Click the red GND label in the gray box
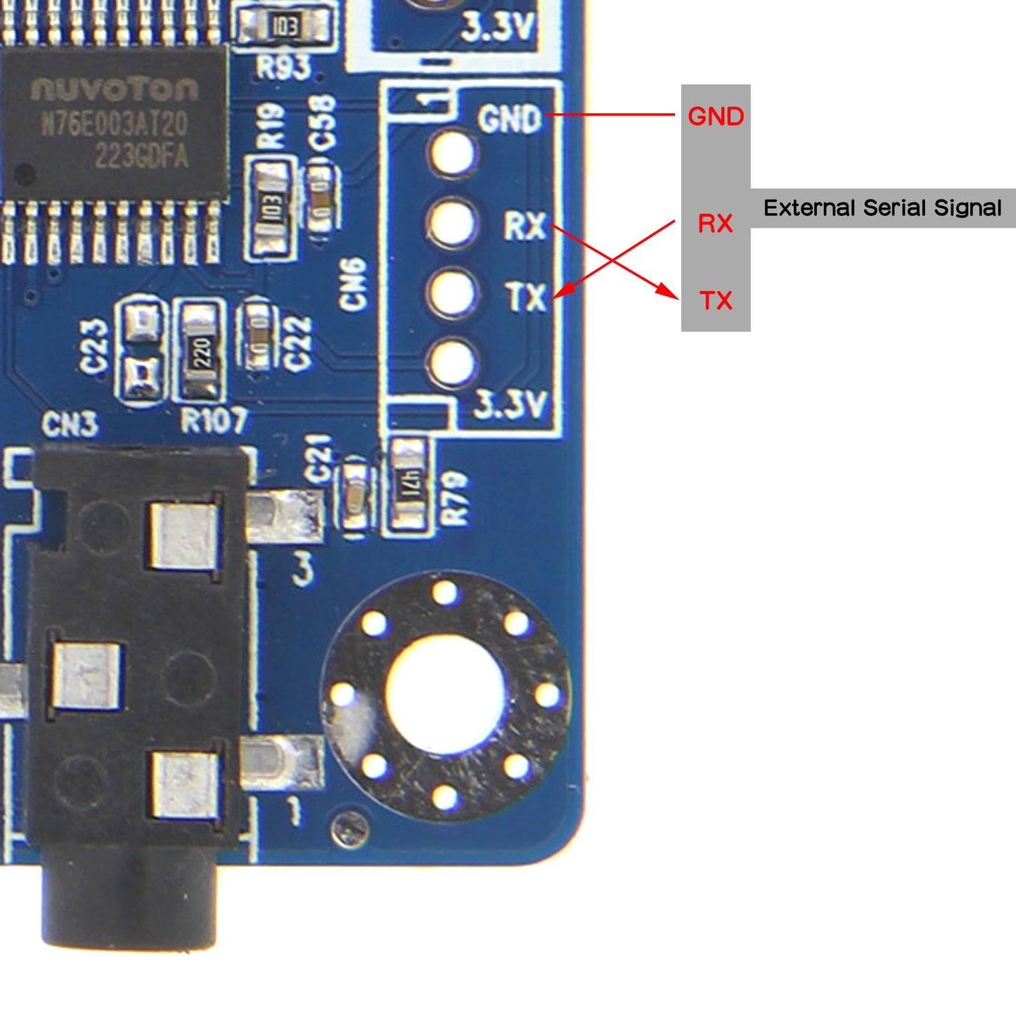click(x=716, y=116)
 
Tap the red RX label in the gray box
click(x=715, y=224)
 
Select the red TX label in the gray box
click(x=716, y=301)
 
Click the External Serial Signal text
click(x=882, y=208)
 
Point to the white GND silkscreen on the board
click(x=510, y=119)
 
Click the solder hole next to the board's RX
click(x=452, y=223)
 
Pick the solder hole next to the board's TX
click(x=452, y=293)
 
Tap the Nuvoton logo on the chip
click(x=115, y=89)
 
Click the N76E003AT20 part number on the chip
click(x=115, y=124)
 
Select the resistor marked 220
click(x=202, y=349)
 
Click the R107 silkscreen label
click(x=214, y=421)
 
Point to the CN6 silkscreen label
click(x=353, y=283)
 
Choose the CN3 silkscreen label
click(x=70, y=424)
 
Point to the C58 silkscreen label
click(x=324, y=124)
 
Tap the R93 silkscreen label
click(x=283, y=67)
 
